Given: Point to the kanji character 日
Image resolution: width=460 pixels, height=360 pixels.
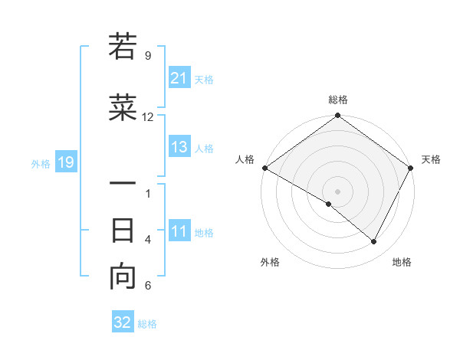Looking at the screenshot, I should coord(123,231).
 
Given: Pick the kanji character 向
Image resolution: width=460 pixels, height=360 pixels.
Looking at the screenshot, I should coord(123,278).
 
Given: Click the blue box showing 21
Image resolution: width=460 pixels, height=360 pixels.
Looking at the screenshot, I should coord(179,78).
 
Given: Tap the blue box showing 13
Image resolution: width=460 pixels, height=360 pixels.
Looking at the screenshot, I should coord(179,148).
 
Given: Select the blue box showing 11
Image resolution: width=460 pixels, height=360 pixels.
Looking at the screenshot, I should coord(179,232).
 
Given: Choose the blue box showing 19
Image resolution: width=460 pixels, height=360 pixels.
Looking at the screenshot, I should coord(65,162).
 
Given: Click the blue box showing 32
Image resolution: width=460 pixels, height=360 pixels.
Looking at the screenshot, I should coord(123,322).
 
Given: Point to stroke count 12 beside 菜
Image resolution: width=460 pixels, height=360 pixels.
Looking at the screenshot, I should coord(148,117).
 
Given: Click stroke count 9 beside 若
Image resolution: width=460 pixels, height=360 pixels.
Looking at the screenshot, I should coord(148,55).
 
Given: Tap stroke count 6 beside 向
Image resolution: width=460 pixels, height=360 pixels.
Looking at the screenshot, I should coord(148,286).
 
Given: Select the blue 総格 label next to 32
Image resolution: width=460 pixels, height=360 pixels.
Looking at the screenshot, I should coord(148,324).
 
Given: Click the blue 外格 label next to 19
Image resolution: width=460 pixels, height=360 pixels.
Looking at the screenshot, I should coord(40,163).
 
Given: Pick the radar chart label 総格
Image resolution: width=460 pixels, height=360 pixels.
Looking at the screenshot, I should coord(337,100).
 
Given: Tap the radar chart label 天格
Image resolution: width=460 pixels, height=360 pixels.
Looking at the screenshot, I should coord(431,159).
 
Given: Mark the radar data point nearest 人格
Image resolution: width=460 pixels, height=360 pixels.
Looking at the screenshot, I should coord(264,168).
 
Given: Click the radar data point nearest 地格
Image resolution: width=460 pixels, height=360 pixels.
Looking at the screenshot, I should coord(374,242).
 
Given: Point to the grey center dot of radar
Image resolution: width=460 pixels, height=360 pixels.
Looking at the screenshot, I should coord(337,191).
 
